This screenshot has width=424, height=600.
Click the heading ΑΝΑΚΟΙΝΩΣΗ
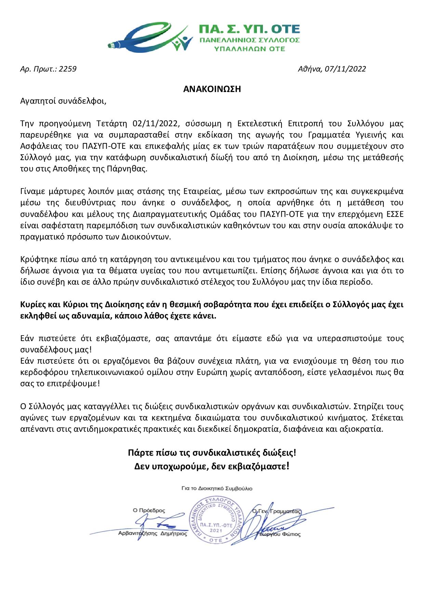(x=212, y=89)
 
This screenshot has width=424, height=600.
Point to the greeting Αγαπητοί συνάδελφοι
(x=63, y=101)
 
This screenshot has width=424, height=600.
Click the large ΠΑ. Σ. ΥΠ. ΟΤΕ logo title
(x=249, y=28)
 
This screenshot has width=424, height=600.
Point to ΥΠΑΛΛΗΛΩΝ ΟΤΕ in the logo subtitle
(x=249, y=49)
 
